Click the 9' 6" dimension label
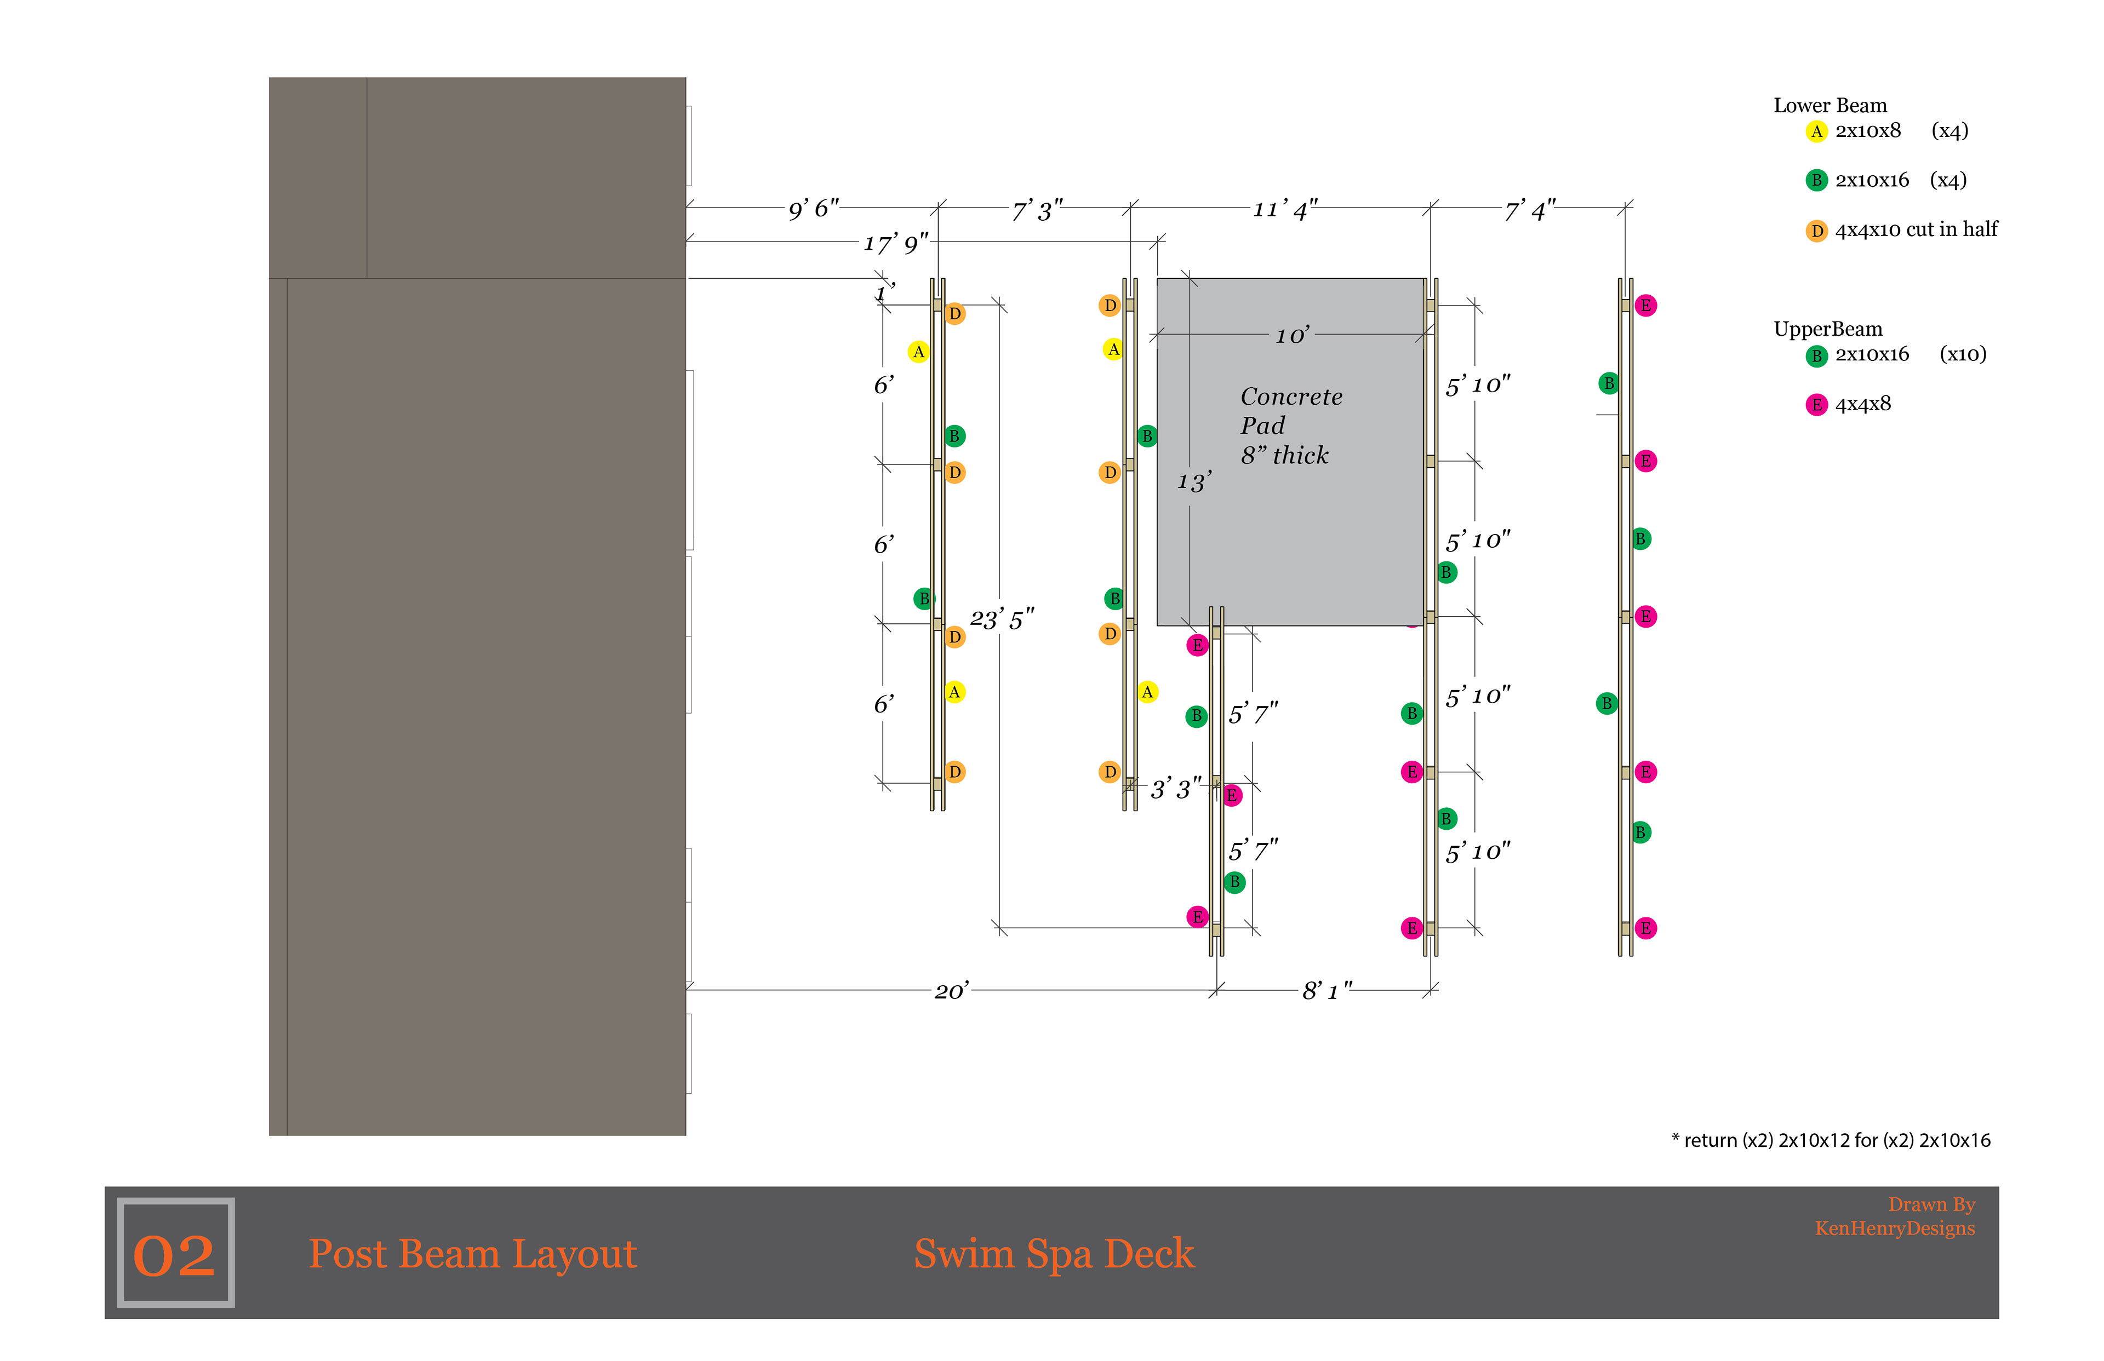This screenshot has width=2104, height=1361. coord(813,209)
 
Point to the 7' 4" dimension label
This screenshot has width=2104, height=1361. coord(1529,210)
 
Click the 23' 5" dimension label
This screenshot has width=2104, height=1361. coord(1002,619)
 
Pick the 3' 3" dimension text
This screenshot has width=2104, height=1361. coord(1175,788)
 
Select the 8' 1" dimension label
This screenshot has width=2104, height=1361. coord(1326,991)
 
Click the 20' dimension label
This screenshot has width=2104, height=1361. coord(951,991)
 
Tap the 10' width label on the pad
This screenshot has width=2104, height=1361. coord(1291,336)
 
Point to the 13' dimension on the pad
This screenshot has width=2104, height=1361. coord(1193,481)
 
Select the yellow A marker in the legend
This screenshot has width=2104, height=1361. coord(1816,131)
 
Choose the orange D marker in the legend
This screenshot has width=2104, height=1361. coord(1816,231)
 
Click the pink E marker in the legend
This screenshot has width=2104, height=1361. coord(1816,405)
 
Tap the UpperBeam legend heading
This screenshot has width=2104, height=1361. coord(1827,329)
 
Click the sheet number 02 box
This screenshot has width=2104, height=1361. coord(175,1253)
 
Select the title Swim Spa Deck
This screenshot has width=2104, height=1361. coord(1053,1253)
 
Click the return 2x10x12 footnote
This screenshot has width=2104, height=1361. coord(1831,1140)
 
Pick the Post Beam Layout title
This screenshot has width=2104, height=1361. coord(472,1253)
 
